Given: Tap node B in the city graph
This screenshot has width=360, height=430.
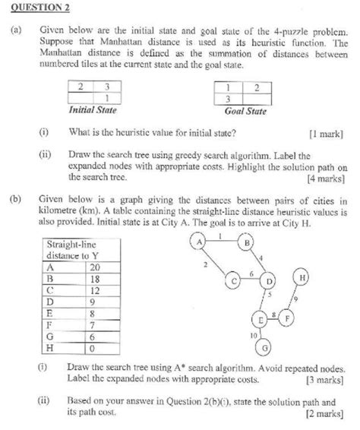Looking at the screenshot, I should (x=248, y=243).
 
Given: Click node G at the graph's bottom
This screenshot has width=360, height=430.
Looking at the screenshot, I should (x=265, y=348).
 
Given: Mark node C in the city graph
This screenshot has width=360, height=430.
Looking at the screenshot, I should (x=235, y=282).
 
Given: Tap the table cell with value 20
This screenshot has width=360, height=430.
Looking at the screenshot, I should (x=95, y=267).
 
